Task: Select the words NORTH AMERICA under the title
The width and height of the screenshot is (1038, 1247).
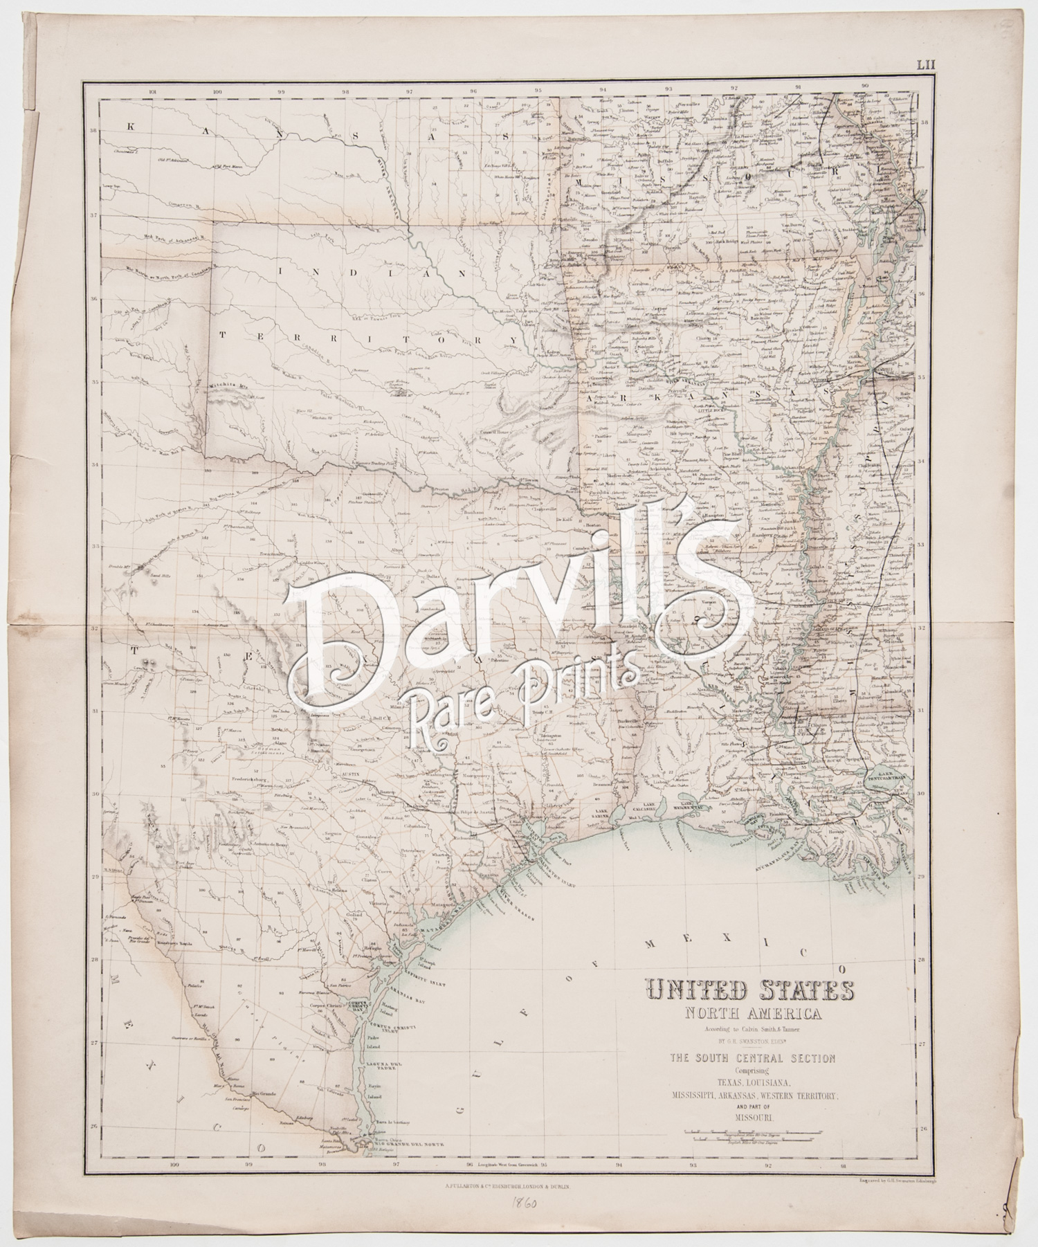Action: tap(732, 1014)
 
